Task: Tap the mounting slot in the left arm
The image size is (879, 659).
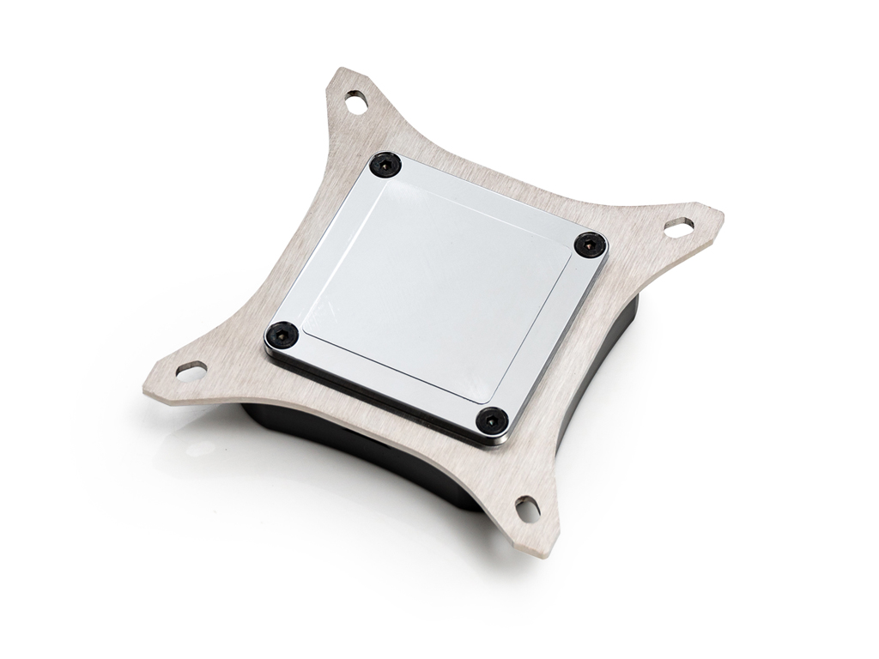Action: pos(194,372)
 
